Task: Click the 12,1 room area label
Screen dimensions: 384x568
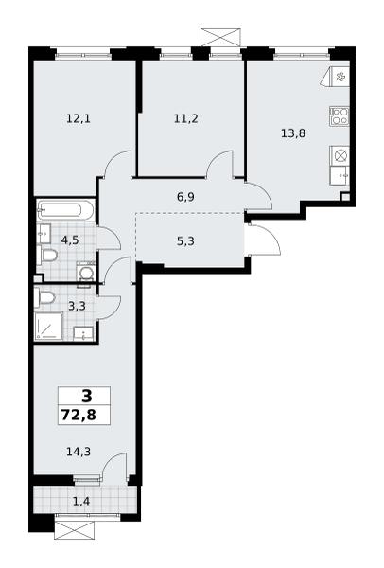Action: point(79,118)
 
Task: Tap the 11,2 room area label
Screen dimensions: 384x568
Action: point(186,118)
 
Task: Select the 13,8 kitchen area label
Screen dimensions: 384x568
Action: point(293,133)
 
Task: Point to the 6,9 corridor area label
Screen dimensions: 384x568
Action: point(186,198)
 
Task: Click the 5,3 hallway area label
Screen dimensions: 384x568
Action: point(186,240)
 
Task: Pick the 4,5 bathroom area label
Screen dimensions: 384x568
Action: point(70,240)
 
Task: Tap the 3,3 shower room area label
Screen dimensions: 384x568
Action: point(78,306)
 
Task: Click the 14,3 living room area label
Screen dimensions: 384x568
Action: point(79,452)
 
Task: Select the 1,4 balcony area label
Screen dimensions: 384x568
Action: point(80,502)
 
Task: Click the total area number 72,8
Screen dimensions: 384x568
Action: point(79,415)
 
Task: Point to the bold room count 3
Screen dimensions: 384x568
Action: point(87,397)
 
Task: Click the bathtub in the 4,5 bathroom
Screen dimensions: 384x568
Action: point(65,210)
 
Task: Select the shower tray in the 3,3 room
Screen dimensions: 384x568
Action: point(48,327)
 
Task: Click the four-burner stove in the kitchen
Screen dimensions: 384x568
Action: point(340,116)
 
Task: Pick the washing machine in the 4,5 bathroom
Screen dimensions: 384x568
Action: point(86,273)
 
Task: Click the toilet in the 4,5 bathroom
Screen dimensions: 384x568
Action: point(47,256)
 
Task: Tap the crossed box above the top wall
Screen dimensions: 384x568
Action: point(220,37)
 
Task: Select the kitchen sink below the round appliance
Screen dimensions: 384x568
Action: point(340,176)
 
